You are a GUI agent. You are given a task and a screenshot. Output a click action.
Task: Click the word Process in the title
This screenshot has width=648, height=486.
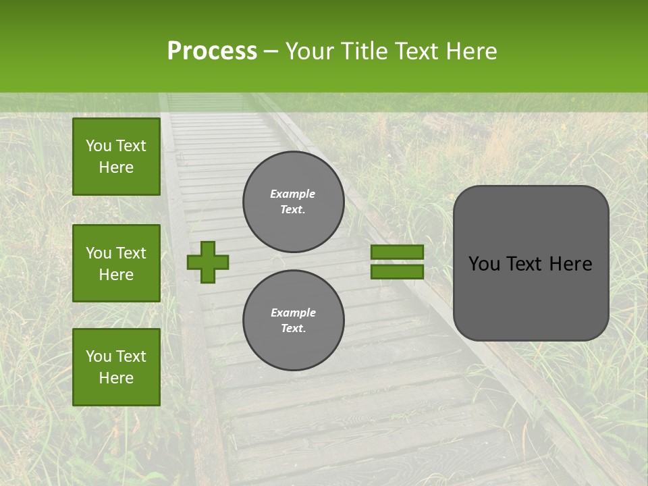coord(212,51)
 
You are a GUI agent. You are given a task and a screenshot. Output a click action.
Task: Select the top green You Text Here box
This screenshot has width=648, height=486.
coord(116,157)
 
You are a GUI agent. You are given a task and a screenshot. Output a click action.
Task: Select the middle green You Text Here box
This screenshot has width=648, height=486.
coord(116,263)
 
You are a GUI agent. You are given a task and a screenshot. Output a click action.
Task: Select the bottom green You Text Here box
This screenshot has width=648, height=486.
coord(116,367)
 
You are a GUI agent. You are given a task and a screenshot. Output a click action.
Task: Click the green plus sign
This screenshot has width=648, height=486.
coord(208,262)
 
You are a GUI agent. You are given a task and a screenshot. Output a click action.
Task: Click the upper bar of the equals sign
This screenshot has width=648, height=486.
coord(397,252)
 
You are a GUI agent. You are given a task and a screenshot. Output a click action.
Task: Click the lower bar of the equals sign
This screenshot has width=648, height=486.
coord(397,271)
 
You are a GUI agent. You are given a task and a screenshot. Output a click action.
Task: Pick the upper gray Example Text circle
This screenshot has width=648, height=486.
coord(293,202)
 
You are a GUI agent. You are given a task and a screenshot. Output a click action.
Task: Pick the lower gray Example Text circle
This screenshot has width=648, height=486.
coord(293,320)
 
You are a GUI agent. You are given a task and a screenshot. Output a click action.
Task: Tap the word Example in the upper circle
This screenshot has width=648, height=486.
coord(292,194)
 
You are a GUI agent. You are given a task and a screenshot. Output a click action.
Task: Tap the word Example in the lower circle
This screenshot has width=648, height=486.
coord(293,313)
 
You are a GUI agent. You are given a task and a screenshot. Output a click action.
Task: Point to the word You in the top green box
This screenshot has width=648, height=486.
coord(99,146)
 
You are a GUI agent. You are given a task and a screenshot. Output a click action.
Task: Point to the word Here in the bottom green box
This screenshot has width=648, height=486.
coord(116,378)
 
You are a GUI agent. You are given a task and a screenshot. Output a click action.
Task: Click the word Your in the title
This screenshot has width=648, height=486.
coord(309,51)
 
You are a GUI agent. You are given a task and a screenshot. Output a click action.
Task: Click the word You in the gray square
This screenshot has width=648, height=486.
coord(483,264)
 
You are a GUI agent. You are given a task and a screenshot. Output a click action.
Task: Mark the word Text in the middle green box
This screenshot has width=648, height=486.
coord(131,253)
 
